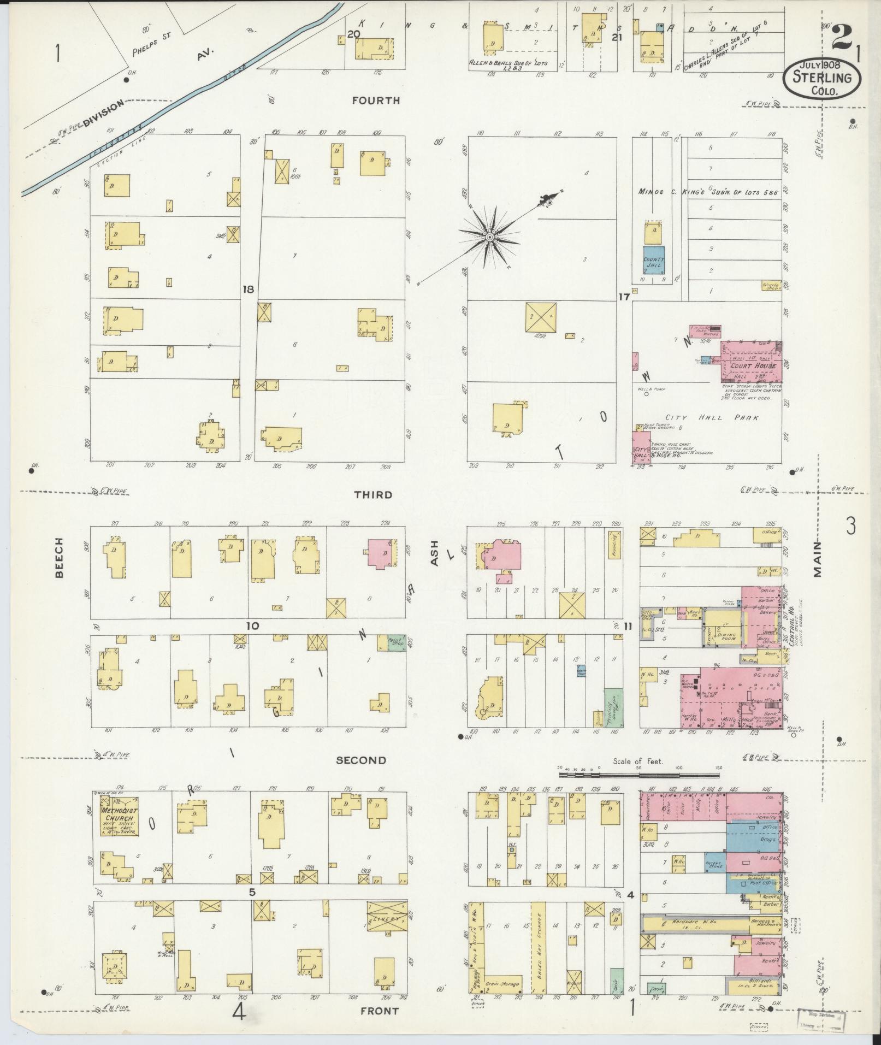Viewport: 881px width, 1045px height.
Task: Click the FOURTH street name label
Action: pos(376,101)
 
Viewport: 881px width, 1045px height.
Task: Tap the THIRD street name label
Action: pos(373,495)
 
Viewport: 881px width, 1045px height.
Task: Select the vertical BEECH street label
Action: pos(59,558)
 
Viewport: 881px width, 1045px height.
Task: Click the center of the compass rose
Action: pos(490,237)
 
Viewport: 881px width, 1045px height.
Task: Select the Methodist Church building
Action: pos(119,815)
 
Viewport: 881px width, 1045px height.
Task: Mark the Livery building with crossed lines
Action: pos(387,919)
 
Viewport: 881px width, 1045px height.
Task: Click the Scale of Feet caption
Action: pos(637,761)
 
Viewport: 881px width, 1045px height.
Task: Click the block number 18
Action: pos(248,290)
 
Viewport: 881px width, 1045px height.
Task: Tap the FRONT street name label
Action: pos(379,1011)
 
